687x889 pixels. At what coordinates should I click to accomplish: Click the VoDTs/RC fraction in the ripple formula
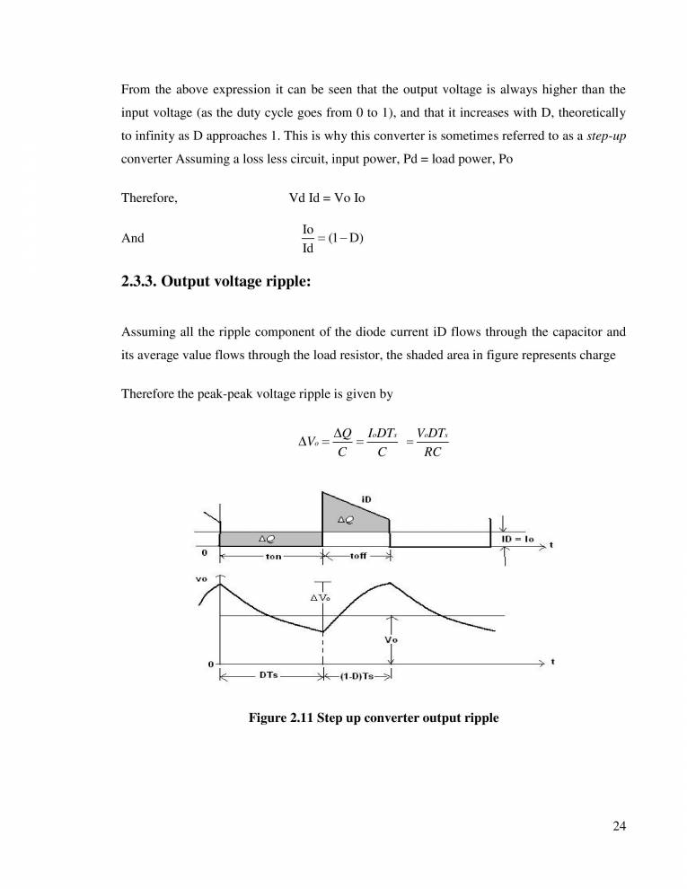[434, 442]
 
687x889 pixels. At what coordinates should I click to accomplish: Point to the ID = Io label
[518, 539]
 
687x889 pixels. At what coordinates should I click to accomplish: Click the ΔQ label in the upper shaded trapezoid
[346, 519]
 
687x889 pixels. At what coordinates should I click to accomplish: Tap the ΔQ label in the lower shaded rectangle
[266, 539]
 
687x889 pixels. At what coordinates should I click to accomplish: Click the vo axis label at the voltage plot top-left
[201, 579]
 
